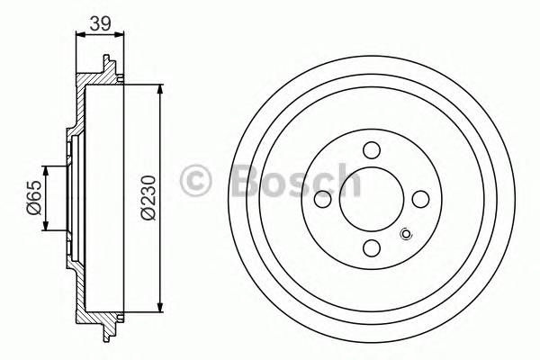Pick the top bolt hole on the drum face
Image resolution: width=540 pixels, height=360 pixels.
point(371,151)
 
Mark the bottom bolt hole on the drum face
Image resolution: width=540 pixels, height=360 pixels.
point(371,247)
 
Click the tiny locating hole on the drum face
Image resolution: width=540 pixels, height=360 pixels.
point(404,236)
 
